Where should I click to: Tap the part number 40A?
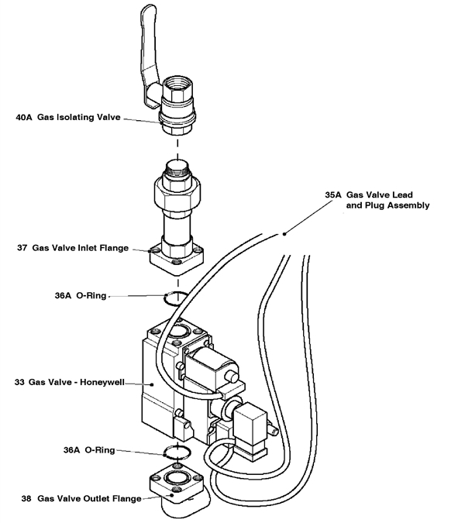click(24, 119)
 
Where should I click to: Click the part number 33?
click(19, 382)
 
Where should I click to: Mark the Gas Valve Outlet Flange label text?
click(90, 499)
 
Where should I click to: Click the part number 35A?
click(333, 195)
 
